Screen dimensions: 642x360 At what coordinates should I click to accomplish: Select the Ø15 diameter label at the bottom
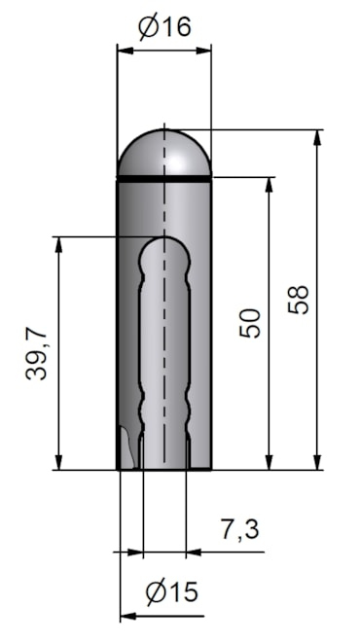(170, 592)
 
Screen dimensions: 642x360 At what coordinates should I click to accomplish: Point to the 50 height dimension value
(250, 322)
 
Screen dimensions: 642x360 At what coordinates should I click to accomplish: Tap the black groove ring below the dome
(163, 179)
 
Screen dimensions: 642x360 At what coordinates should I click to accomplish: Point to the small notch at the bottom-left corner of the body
(125, 447)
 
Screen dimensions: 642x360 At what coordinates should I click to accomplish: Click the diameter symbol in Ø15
(151, 592)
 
